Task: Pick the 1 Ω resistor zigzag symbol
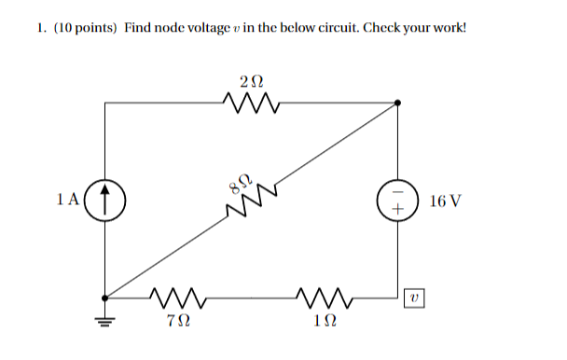pos(325,298)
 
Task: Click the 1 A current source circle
pos(105,200)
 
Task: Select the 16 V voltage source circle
pos(398,201)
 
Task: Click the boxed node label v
pos(416,298)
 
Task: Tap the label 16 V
pos(445,201)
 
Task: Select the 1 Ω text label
pos(325,322)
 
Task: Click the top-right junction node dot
pos(398,103)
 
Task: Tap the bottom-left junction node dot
pos(105,298)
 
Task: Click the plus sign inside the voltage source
pos(398,210)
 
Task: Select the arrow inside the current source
pos(105,200)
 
